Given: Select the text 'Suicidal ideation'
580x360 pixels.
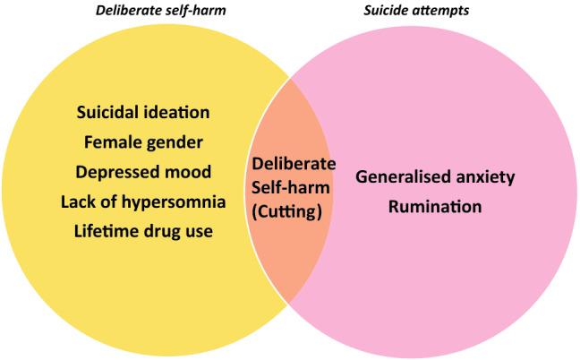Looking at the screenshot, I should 143,113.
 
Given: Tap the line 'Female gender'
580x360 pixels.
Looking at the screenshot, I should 143,141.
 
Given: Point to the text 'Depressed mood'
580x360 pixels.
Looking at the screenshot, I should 143,171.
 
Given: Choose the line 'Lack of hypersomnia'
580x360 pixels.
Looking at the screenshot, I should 143,201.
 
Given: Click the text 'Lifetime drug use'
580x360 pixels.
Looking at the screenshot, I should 143,230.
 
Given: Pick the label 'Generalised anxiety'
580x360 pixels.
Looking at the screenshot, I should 435,176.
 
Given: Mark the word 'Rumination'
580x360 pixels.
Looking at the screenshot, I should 435,206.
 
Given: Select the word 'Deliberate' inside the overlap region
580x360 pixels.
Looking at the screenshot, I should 294,165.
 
